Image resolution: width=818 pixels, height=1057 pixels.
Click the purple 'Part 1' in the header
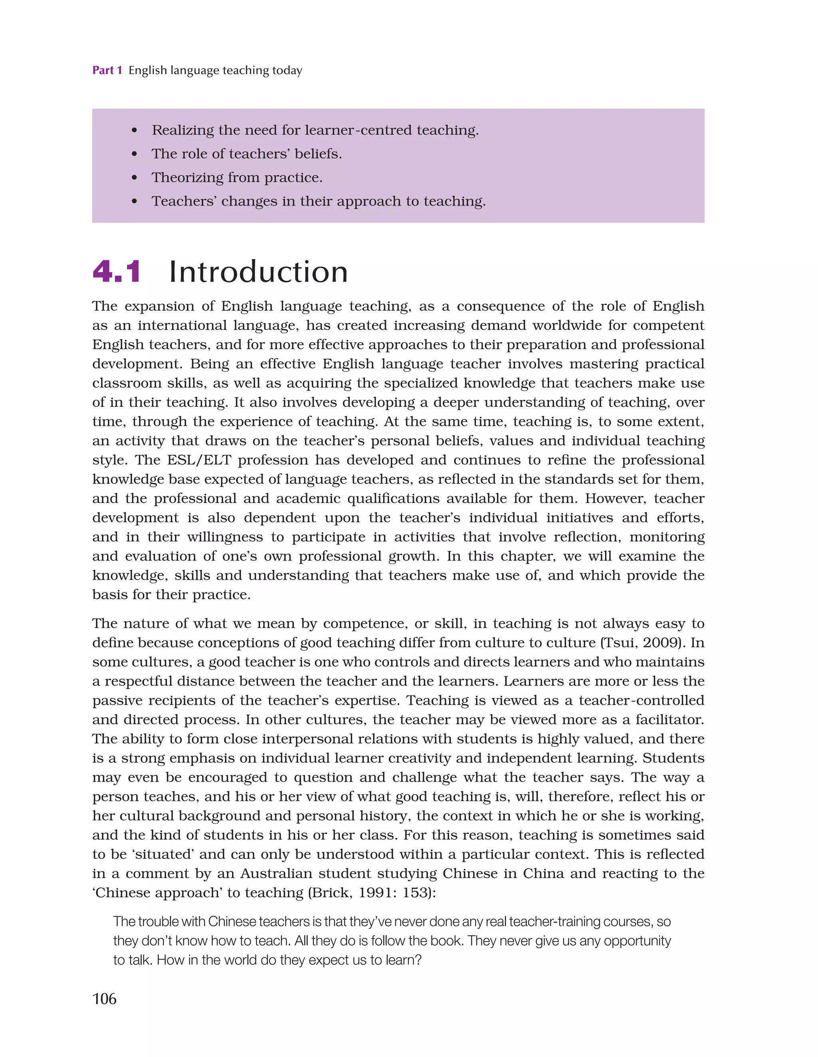tap(107, 70)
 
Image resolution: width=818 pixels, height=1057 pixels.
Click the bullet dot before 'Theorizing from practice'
tap(135, 178)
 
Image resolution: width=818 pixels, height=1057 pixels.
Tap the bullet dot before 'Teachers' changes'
tap(135, 202)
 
